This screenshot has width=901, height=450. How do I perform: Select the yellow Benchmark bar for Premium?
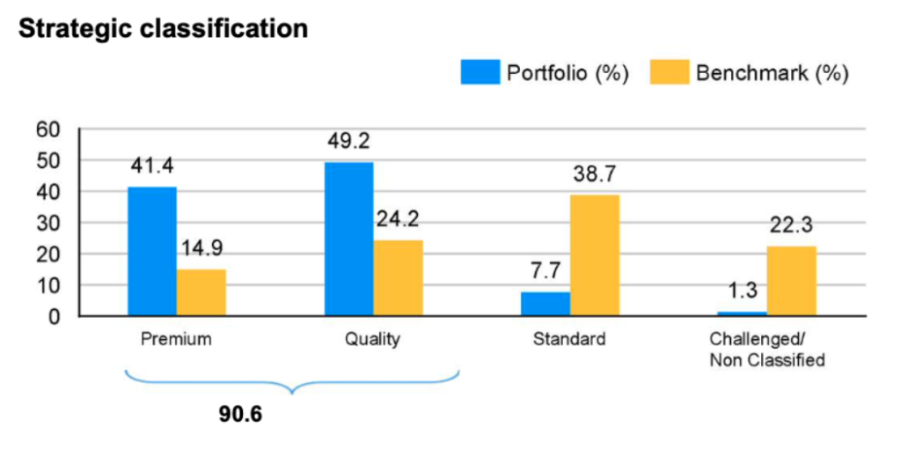coord(201,292)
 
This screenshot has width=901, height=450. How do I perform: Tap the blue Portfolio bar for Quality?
coord(348,239)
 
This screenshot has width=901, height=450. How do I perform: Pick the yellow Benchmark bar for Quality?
coord(398,277)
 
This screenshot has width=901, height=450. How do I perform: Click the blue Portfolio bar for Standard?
coord(546,304)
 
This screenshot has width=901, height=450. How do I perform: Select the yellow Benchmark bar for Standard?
coord(595,255)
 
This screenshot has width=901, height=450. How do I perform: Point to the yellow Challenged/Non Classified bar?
coord(791,281)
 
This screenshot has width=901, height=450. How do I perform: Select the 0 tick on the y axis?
coord(54,316)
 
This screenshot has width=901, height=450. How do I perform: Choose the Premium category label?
coord(176,339)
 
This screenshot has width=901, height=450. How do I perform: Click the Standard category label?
coord(569,339)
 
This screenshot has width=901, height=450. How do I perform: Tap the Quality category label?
coord(373,339)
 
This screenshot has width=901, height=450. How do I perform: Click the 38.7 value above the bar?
coord(595,174)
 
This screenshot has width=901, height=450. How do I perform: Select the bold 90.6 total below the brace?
coord(240,413)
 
